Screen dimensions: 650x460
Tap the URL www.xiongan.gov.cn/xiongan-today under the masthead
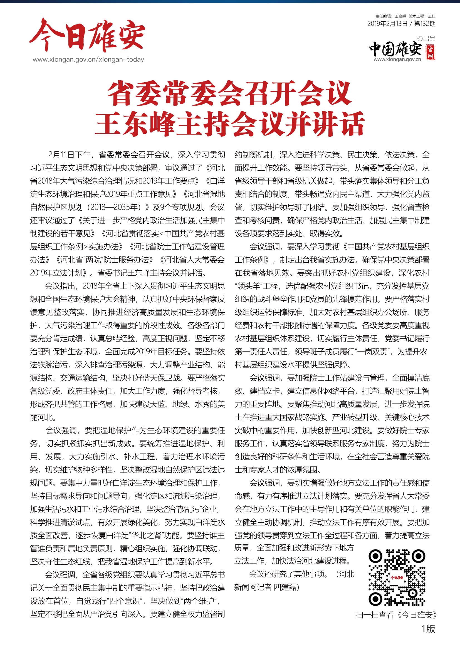[x=88, y=60]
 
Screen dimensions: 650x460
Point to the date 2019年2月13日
[x=387, y=24]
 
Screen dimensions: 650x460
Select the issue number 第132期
[x=425, y=24]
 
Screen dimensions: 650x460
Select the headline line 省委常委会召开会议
[x=229, y=93]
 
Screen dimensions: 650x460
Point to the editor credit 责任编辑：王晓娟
[x=391, y=16]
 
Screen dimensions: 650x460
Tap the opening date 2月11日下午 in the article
[x=70, y=155]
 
